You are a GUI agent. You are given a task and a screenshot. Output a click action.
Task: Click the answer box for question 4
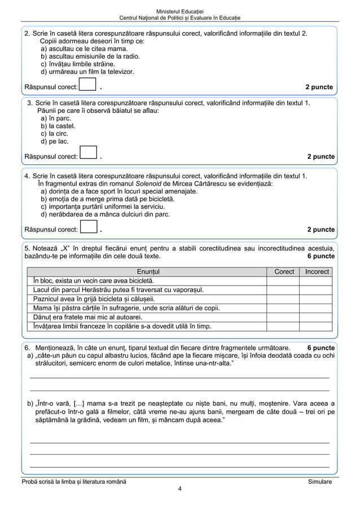pos(89,228)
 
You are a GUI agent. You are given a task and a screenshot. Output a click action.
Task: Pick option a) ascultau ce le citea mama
pos(84,49)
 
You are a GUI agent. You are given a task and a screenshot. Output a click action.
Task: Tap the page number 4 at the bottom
pos(179,489)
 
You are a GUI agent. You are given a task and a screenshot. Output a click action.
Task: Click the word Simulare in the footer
pos(320,481)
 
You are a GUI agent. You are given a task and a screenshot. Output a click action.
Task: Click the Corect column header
pos(284,271)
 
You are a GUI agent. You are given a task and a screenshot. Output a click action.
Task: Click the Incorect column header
pos(317,271)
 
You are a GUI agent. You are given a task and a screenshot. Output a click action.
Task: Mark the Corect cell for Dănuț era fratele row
pos(284,317)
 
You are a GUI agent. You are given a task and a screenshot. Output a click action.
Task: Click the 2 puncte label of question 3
pos(321,156)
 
